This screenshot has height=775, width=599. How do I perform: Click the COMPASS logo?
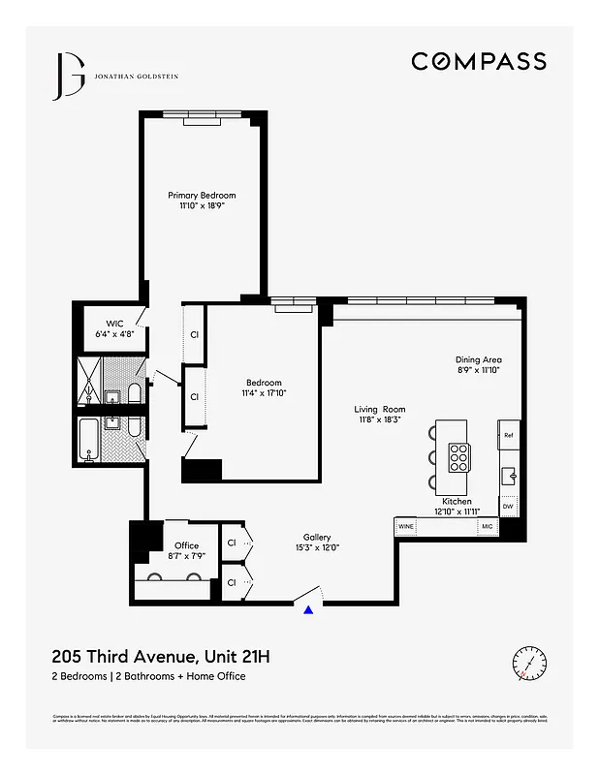(478, 61)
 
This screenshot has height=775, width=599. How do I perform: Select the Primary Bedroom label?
(202, 196)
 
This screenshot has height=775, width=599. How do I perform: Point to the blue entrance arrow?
(308, 609)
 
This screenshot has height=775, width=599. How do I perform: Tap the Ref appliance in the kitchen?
(508, 435)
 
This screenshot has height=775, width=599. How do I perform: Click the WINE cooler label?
(405, 527)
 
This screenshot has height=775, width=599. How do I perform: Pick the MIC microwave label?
(488, 527)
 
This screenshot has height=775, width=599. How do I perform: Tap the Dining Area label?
(479, 359)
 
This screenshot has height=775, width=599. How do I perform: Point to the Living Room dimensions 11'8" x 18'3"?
(379, 420)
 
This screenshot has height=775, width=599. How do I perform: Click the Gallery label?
(317, 537)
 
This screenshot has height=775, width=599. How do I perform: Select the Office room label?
(186, 546)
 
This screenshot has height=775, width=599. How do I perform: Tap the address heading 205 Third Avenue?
(160, 657)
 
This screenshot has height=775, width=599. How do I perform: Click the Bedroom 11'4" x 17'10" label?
(264, 387)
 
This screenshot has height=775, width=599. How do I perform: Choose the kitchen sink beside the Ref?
(508, 475)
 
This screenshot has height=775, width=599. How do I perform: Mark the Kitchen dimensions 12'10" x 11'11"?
(457, 511)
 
